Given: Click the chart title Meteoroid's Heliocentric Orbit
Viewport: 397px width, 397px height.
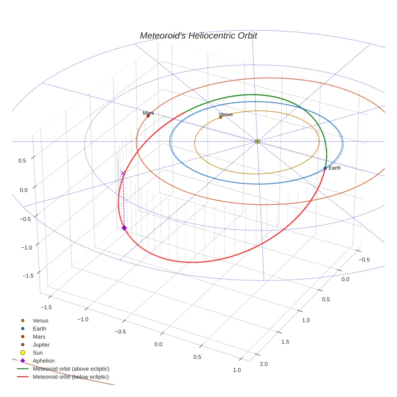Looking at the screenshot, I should pyautogui.click(x=198, y=36).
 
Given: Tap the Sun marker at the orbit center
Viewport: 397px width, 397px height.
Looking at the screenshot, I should pyautogui.click(x=257, y=141).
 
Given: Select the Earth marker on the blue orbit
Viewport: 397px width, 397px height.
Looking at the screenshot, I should pyautogui.click(x=325, y=168).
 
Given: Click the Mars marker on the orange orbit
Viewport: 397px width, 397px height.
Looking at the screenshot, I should pyautogui.click(x=148, y=116).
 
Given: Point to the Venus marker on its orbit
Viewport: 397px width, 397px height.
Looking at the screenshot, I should pyautogui.click(x=221, y=117).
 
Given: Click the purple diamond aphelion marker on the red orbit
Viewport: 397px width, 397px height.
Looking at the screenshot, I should pyautogui.click(x=124, y=228).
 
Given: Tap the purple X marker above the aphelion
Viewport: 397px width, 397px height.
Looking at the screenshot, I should pyautogui.click(x=123, y=173).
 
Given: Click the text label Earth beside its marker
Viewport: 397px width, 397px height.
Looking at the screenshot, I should pyautogui.click(x=334, y=168).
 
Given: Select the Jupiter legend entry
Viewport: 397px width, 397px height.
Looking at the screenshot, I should pyautogui.click(x=41, y=345).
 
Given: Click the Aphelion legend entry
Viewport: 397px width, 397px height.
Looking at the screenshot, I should pyautogui.click(x=44, y=361).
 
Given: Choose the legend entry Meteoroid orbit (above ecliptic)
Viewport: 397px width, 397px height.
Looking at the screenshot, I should pyautogui.click(x=71, y=369).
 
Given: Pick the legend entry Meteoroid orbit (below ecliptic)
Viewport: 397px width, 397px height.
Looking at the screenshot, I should pyautogui.click(x=71, y=377).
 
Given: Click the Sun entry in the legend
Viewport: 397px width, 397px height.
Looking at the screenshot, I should pyautogui.click(x=38, y=353).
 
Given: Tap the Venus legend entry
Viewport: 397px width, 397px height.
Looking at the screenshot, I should pyautogui.click(x=40, y=320).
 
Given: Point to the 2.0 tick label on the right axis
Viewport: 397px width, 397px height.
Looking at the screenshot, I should pyautogui.click(x=264, y=364).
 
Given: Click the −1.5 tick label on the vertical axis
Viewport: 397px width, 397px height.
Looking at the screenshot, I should pyautogui.click(x=27, y=275).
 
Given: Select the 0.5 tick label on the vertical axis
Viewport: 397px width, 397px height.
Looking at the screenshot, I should pyautogui.click(x=22, y=161).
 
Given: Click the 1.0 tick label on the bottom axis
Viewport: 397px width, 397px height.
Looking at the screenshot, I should pyautogui.click(x=237, y=370).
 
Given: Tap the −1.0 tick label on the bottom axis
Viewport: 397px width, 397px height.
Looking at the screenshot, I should pyautogui.click(x=83, y=319).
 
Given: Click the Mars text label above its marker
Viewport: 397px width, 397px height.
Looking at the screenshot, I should pyautogui.click(x=148, y=113).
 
